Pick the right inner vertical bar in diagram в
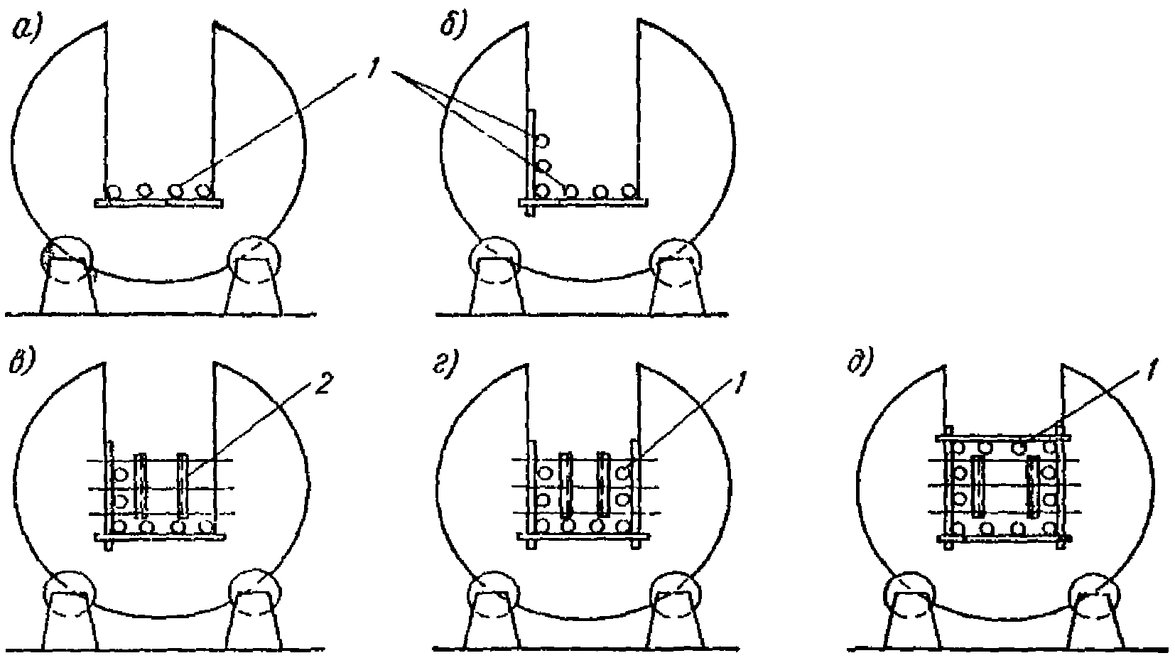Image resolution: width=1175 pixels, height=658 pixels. click(x=184, y=485)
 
